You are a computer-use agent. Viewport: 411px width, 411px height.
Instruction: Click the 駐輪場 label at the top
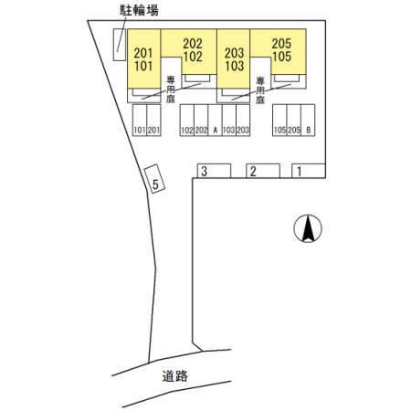point(139,10)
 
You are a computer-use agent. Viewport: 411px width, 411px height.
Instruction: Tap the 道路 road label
point(174,376)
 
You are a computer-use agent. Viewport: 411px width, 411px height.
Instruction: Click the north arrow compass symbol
point(308,228)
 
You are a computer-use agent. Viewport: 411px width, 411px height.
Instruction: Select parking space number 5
point(154,178)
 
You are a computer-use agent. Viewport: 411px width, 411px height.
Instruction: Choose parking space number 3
point(214,171)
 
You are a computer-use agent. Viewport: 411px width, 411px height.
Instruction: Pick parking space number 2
point(263,171)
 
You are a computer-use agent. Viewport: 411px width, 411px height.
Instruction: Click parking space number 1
point(309,171)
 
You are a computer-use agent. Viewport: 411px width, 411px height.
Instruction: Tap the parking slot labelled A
point(215,120)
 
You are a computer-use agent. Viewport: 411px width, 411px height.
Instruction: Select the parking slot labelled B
point(308,120)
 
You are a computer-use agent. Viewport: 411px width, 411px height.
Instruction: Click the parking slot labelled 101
point(140,120)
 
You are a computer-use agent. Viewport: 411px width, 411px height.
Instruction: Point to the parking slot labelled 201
point(153,120)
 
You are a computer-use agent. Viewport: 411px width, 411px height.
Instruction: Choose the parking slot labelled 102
point(187,120)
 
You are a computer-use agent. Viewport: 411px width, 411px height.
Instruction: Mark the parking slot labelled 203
point(243,120)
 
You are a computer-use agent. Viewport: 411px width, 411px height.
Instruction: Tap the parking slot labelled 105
point(279,120)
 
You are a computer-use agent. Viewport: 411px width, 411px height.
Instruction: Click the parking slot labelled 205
point(294,120)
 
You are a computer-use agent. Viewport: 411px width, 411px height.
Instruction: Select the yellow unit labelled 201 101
point(143,58)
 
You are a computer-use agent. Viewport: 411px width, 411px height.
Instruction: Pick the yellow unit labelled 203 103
point(234,58)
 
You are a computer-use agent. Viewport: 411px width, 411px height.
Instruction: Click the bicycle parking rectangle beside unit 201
point(120,45)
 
